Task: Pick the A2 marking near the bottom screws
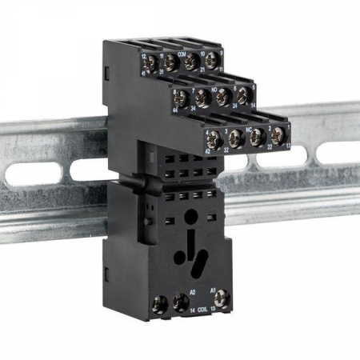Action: (193, 292)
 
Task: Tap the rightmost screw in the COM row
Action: (212, 61)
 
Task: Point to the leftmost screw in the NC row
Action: (213, 138)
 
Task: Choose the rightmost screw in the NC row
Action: (278, 134)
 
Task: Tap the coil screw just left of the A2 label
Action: (182, 303)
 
